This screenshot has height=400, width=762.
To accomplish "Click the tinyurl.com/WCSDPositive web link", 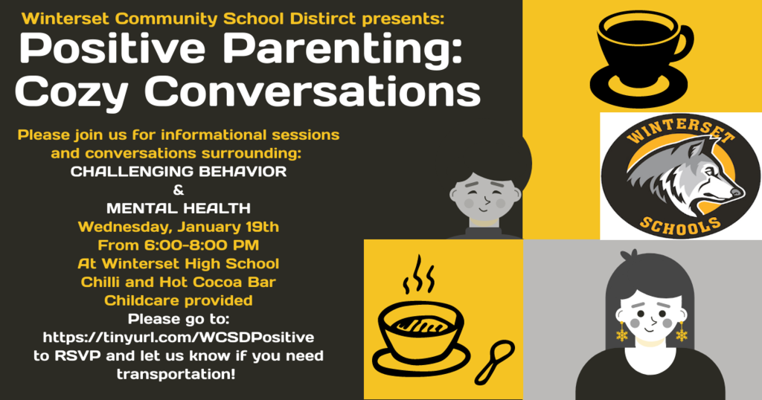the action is coord(179,337).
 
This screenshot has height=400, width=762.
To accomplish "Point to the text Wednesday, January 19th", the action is coord(179,227).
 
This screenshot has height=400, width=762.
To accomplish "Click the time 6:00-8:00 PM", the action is coord(201,245).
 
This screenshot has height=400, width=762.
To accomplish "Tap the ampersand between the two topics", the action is coord(179,190).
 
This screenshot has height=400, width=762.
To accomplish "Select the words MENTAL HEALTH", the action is coord(179,208).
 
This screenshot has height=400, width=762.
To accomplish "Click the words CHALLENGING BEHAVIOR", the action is coord(179,171).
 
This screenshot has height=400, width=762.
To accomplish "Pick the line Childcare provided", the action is coord(179,300).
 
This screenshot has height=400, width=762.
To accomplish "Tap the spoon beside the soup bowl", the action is coord(495,362).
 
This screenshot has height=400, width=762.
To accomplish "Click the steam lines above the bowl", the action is coord(418,275).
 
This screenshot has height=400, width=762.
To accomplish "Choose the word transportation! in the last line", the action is coord(176,374).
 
